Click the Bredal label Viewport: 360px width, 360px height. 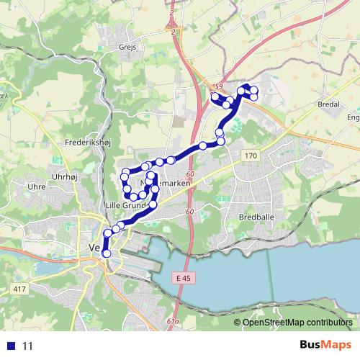click(327, 104)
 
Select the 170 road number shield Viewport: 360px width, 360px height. click(250, 156)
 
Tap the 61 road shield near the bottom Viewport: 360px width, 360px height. click(171, 321)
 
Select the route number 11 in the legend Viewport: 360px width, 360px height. click(28, 346)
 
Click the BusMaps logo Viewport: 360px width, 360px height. click(326, 345)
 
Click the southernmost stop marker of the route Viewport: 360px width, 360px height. click(107, 253)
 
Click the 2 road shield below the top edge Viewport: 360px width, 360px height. click(173, 32)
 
